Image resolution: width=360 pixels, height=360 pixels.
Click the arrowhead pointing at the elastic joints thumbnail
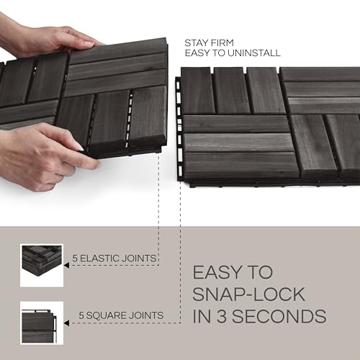click(x=67, y=265)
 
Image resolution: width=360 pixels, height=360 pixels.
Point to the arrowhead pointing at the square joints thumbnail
click(x=67, y=322)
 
